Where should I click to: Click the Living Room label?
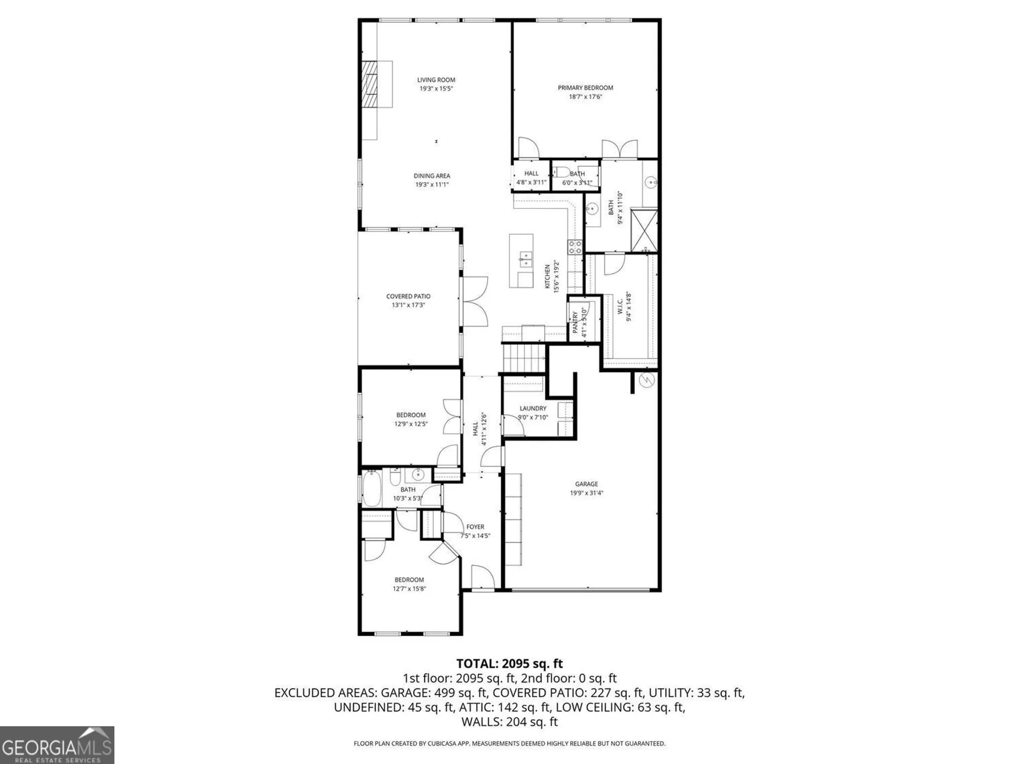pos(436,80)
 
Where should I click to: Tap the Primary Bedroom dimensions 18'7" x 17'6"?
pos(585,96)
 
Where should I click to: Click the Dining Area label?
pos(432,176)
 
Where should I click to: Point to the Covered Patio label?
pos(408,296)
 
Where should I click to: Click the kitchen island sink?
pos(524,259)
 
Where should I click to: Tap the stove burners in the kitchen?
pos(575,247)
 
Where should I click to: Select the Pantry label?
pos(575,323)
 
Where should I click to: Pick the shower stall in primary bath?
pos(644,230)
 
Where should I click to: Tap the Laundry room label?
pos(533,408)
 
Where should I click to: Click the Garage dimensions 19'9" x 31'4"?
pos(586,493)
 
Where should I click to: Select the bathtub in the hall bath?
pos(371,489)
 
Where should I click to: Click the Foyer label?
pos(475,527)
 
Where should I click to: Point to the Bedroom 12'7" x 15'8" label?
pos(409,580)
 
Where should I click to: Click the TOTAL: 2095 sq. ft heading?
pos(509,664)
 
